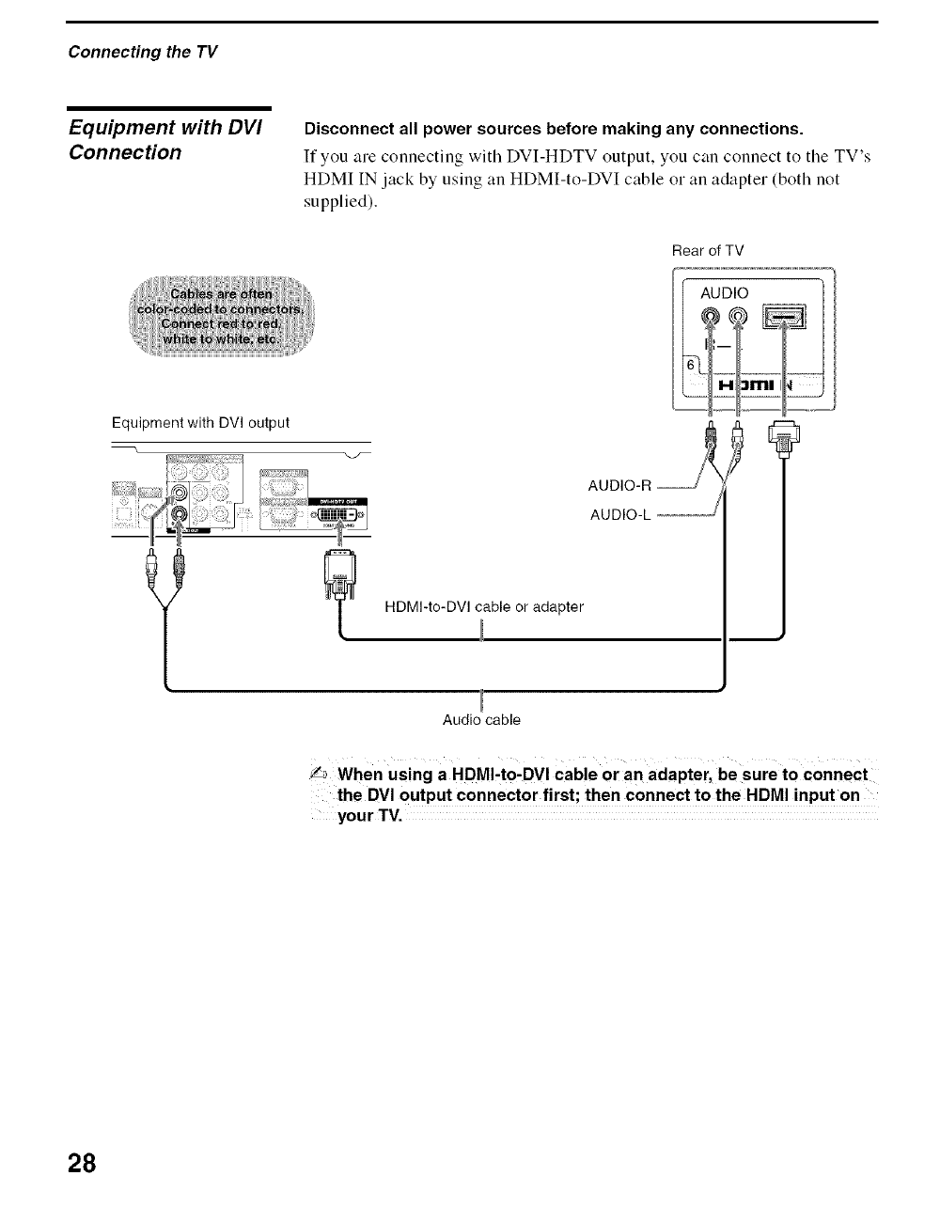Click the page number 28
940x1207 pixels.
[82, 1162]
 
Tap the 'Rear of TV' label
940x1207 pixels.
[708, 250]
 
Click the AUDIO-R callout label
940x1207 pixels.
[619, 486]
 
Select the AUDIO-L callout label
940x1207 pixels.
[620, 515]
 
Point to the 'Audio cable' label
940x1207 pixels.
[481, 720]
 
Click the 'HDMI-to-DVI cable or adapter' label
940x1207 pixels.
[484, 606]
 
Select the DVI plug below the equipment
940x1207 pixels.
[338, 575]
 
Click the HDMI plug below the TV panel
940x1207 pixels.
[783, 437]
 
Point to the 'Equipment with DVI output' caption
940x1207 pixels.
[200, 422]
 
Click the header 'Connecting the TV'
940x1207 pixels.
[142, 52]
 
